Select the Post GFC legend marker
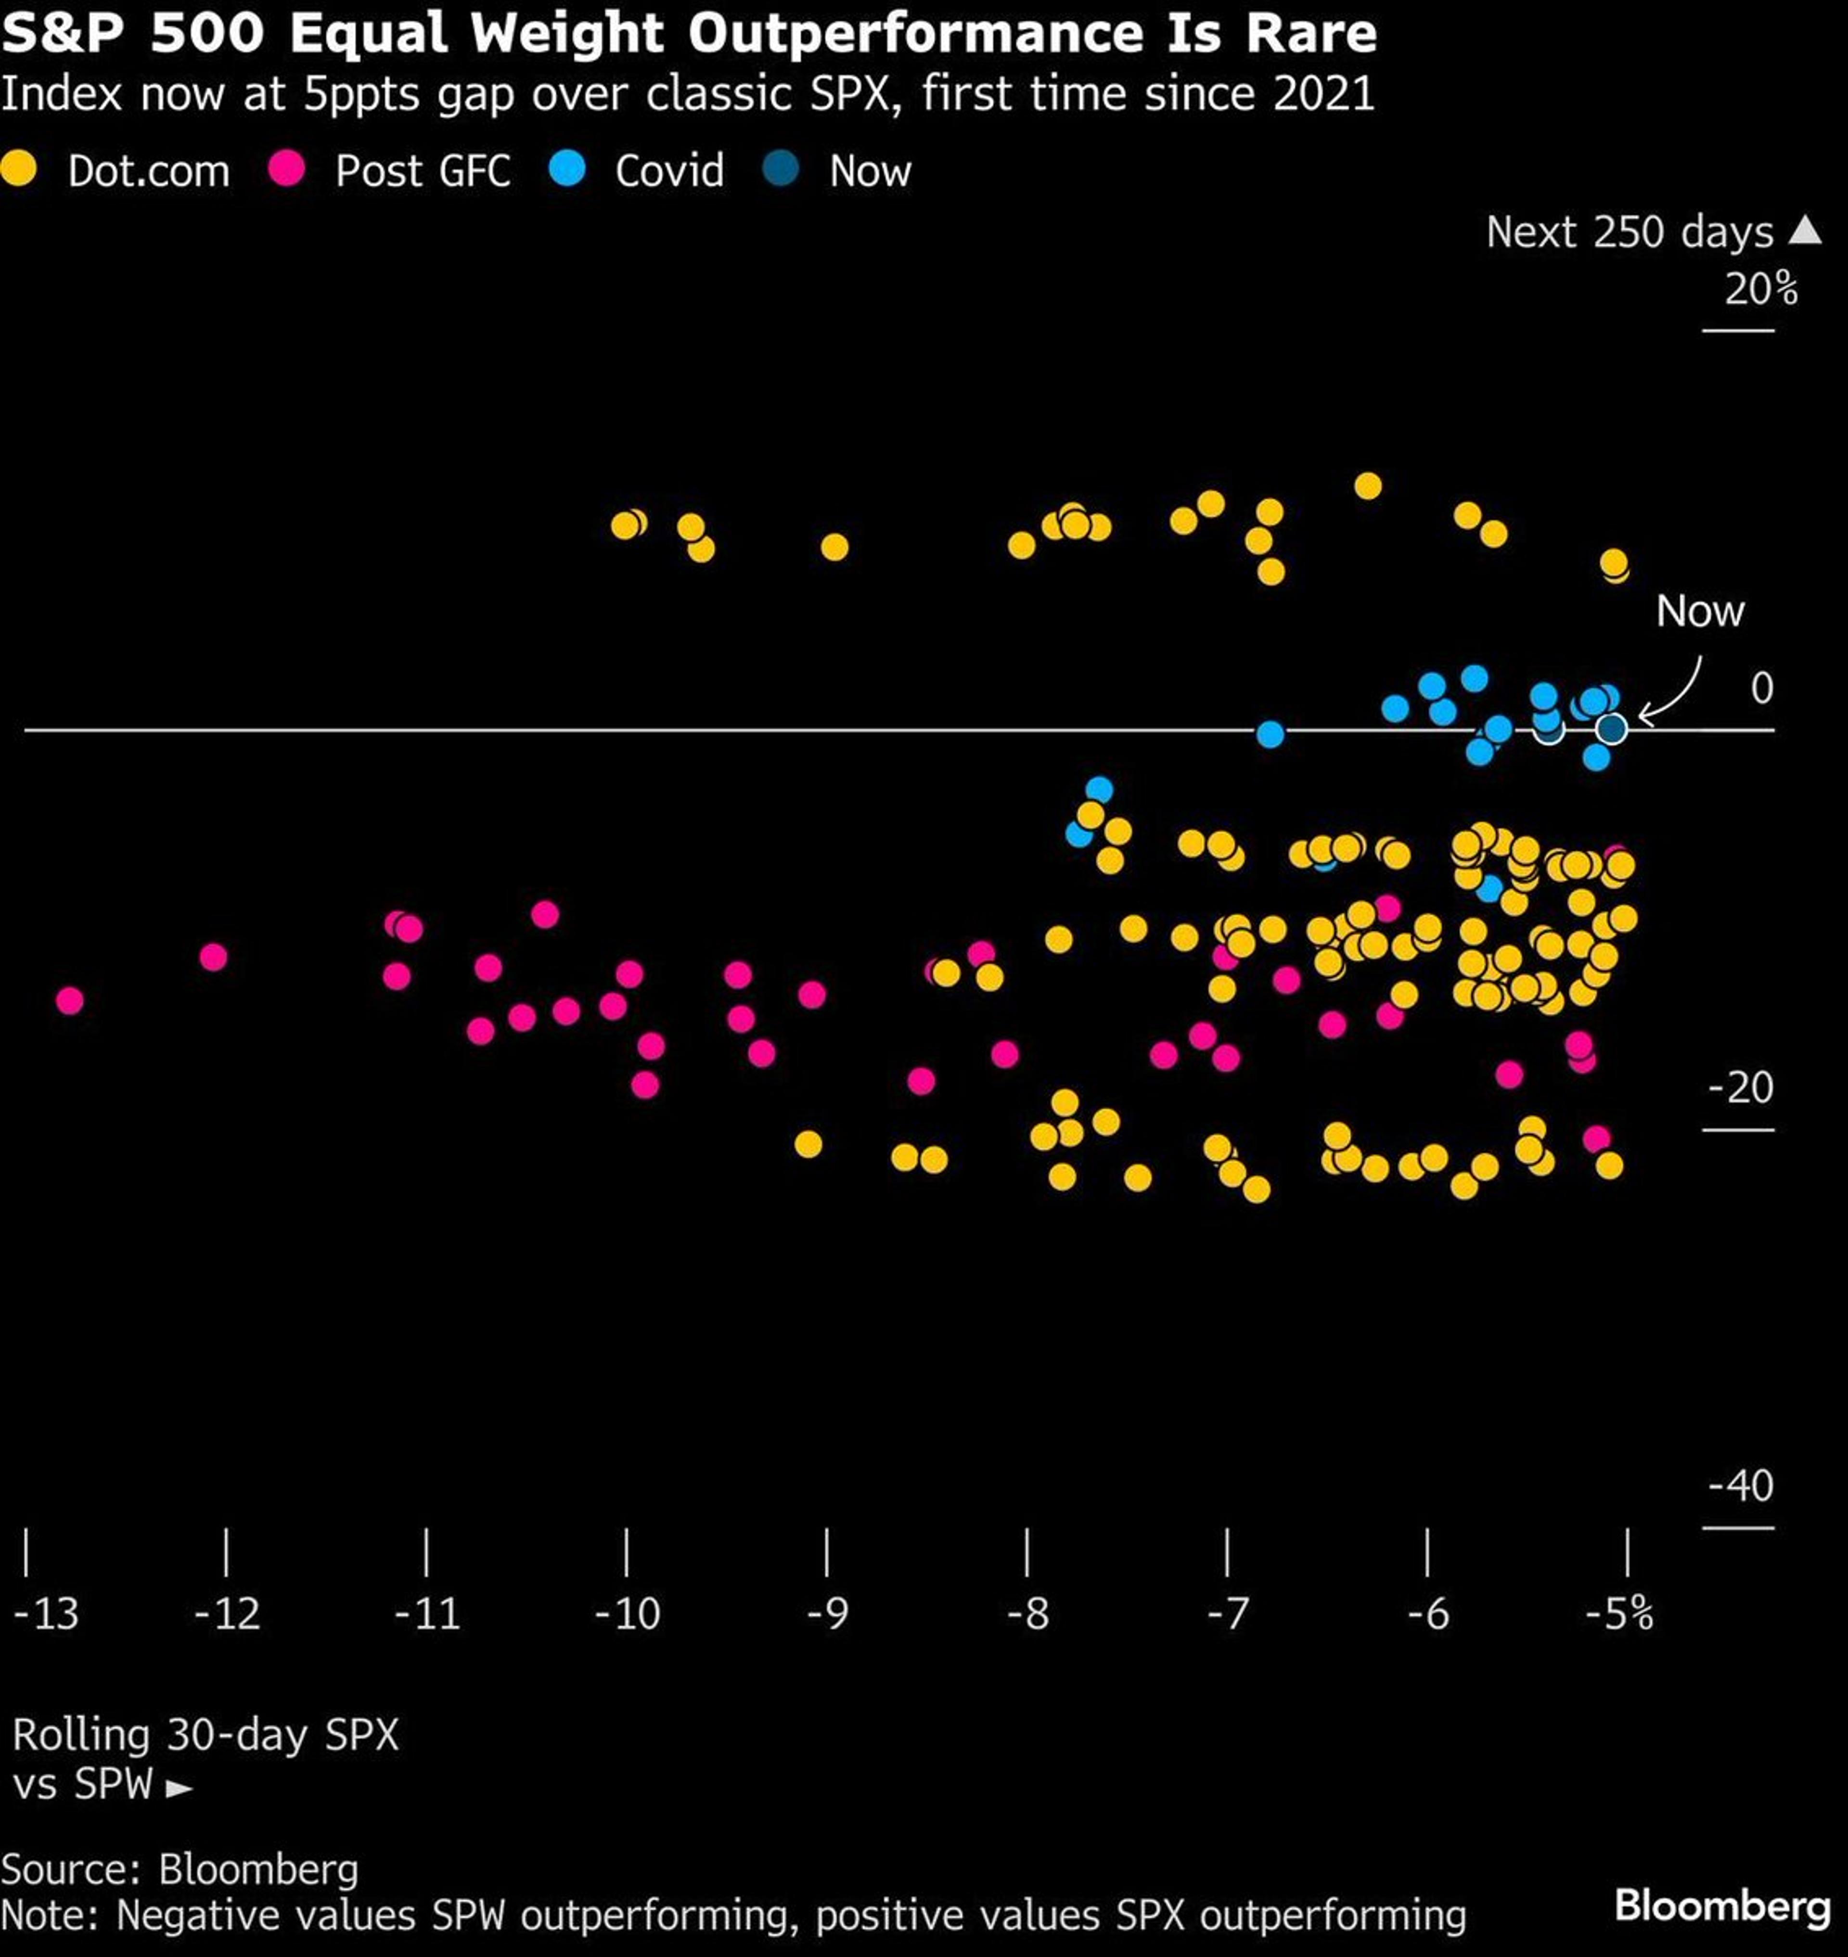point(287,169)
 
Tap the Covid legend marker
point(567,169)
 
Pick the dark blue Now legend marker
point(781,169)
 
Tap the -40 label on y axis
point(1741,1485)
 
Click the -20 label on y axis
point(1741,1087)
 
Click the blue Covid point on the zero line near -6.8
point(1271,734)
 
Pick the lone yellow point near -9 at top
point(834,547)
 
